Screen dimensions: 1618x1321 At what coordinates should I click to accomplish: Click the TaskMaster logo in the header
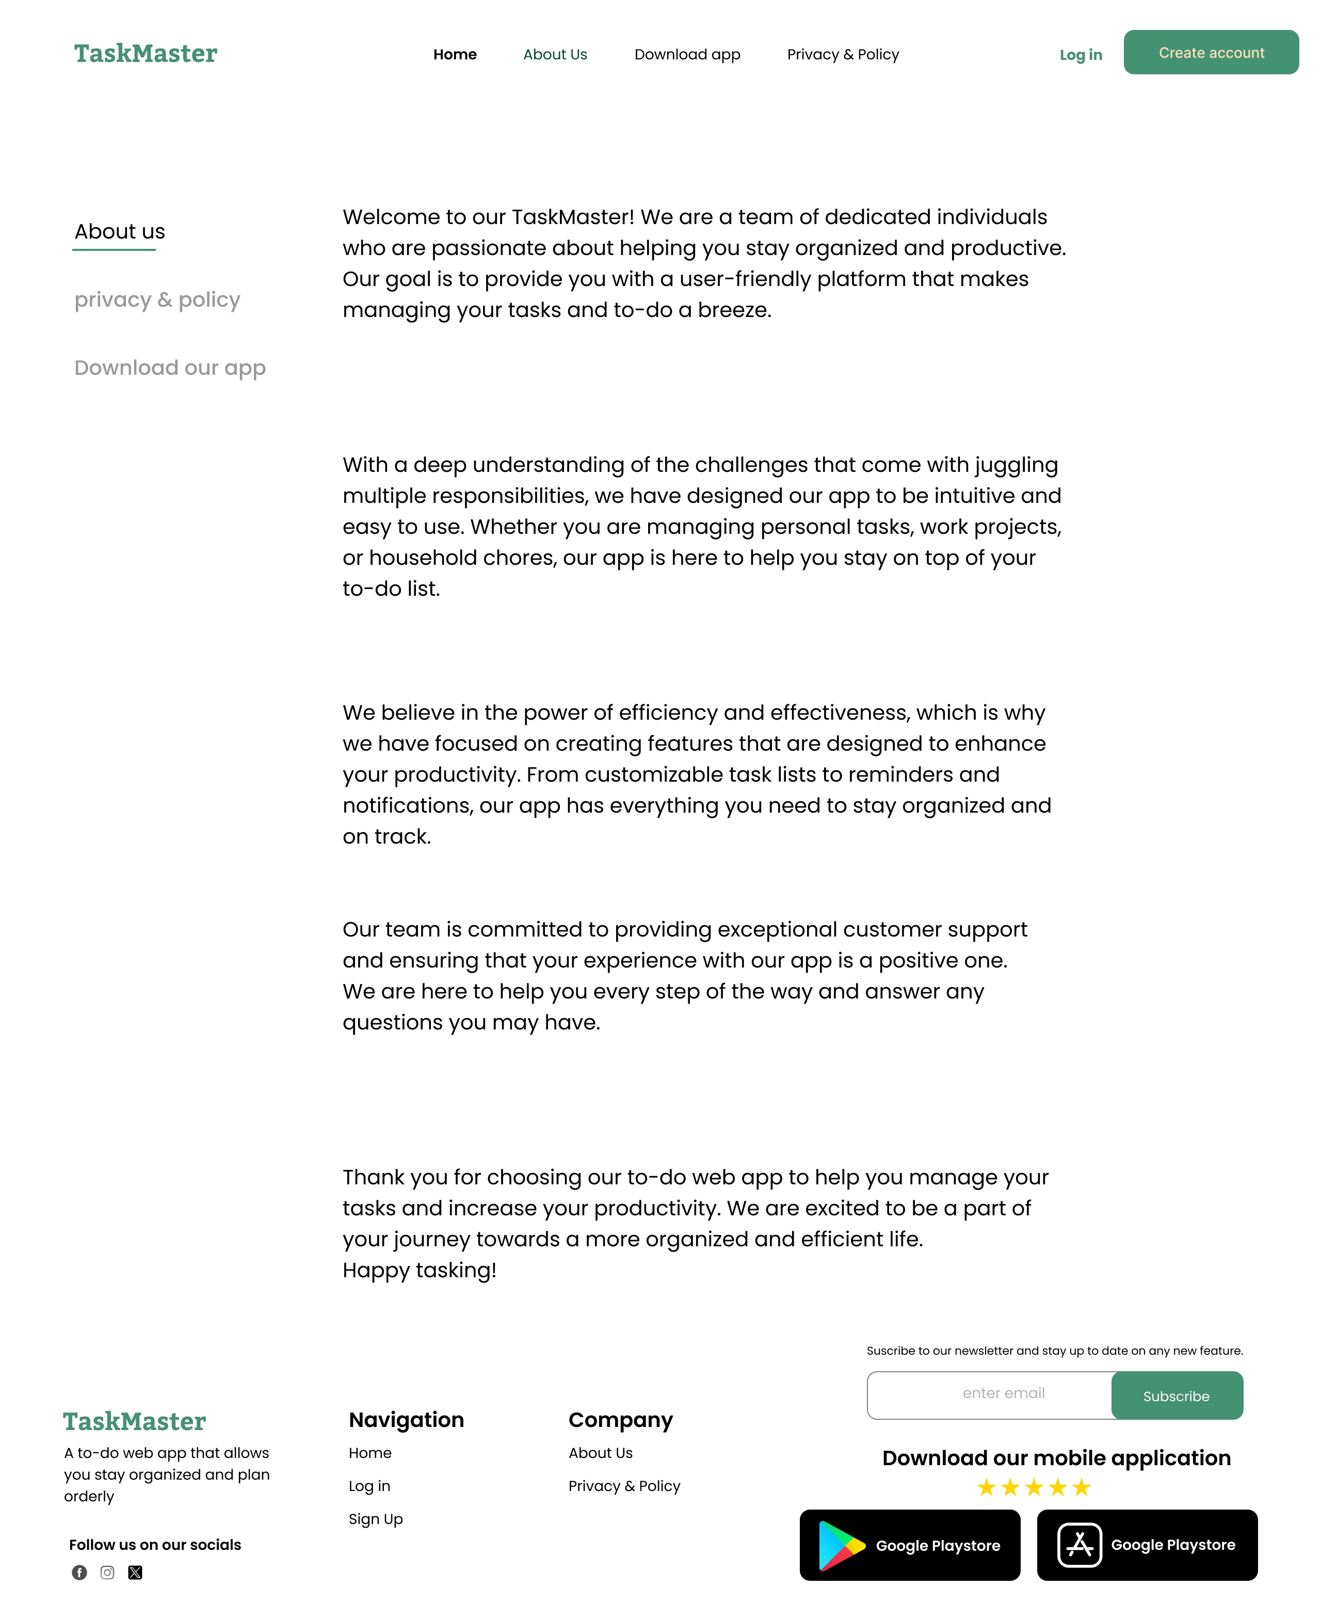[146, 53]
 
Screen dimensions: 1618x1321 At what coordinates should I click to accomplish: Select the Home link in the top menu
[455, 54]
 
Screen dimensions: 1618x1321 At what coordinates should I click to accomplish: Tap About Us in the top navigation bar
[555, 54]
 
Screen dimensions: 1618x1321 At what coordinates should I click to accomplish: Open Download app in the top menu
[687, 54]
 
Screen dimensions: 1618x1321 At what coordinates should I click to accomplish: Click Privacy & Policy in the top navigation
[842, 54]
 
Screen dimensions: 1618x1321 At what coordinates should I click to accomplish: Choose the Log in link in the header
[1081, 55]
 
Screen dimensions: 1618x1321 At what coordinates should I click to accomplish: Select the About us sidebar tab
[120, 231]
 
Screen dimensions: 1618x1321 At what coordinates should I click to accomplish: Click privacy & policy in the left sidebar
[157, 299]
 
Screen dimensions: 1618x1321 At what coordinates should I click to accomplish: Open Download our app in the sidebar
[170, 368]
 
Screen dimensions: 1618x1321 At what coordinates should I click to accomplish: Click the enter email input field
[989, 1393]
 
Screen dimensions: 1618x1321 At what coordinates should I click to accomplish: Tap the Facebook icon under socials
[79, 1573]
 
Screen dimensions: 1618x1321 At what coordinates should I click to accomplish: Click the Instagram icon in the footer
[107, 1573]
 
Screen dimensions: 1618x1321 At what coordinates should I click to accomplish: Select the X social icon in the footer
[135, 1573]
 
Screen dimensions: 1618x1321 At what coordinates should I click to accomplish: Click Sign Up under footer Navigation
[376, 1519]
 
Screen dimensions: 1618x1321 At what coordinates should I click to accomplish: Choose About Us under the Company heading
[601, 1453]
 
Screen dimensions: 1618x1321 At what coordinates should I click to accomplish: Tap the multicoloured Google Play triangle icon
[840, 1545]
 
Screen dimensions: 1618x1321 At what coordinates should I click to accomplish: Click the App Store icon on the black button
[1079, 1545]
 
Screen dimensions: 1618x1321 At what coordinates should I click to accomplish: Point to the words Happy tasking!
[420, 1270]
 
